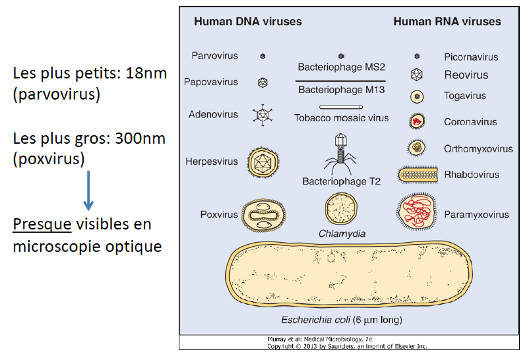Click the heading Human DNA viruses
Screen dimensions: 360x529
[x=247, y=22]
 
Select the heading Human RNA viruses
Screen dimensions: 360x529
[x=447, y=22]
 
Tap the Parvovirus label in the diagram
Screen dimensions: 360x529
[x=214, y=56]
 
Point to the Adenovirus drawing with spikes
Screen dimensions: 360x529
[x=263, y=115]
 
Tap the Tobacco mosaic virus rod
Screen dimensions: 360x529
[x=342, y=107]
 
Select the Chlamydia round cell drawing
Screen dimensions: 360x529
[x=341, y=209]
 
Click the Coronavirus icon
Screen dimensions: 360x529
[x=417, y=121]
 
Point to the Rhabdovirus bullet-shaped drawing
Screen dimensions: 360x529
[x=419, y=175]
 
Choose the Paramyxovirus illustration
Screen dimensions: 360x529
[x=417, y=212]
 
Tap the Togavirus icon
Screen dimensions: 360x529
[x=417, y=96]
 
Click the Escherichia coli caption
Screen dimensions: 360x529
[x=340, y=320]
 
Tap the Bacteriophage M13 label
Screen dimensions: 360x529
[x=341, y=90]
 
